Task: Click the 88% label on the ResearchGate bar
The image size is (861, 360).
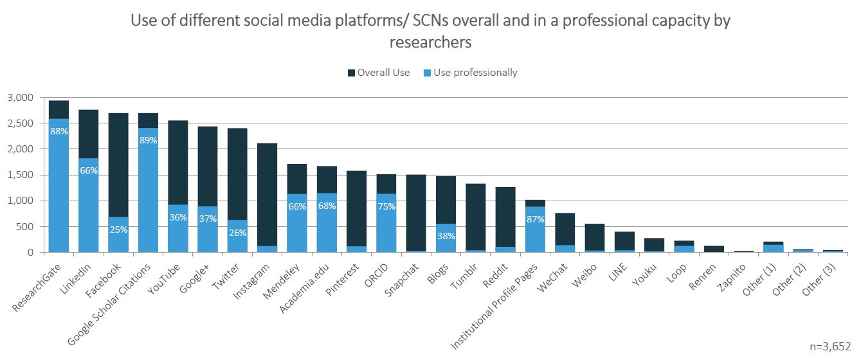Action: pos(59,131)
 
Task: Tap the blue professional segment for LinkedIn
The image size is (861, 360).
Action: pos(88,206)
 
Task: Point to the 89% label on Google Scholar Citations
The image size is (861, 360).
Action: pos(148,141)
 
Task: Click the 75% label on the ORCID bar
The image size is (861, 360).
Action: pos(386,206)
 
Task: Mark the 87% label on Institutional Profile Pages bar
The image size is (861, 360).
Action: pos(536,219)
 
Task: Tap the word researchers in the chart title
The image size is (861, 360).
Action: pos(430,43)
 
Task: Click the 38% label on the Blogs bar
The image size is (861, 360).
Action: pos(446,236)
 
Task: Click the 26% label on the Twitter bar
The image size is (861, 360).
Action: pos(237,233)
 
